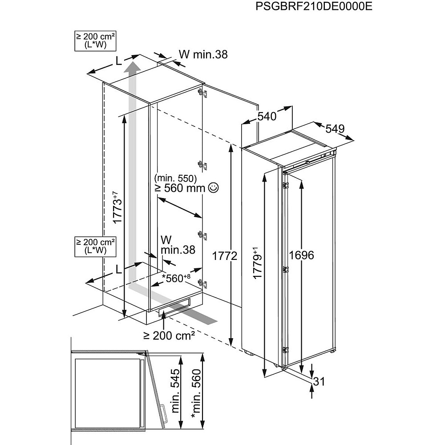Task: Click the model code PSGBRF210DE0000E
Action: (x=314, y=8)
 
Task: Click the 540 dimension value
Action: (x=267, y=117)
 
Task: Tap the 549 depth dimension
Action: (x=335, y=129)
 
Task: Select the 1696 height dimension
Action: (x=301, y=255)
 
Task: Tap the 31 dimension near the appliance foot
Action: (x=319, y=381)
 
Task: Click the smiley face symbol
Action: (x=213, y=188)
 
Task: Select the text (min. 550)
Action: (x=176, y=178)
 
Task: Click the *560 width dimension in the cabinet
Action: (x=176, y=279)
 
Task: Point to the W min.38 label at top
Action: (x=203, y=54)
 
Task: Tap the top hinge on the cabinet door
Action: (x=203, y=93)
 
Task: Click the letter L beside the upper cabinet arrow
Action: (x=118, y=62)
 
